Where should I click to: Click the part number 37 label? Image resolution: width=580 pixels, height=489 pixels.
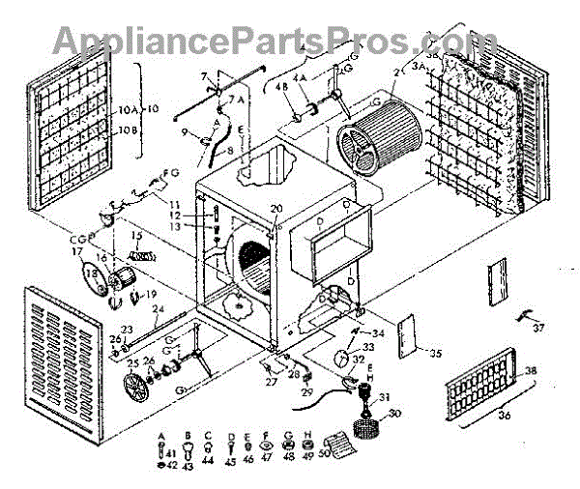(538, 328)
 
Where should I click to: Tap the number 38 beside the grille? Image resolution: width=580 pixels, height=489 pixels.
(531, 370)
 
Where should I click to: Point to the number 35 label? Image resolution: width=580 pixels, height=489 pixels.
(435, 354)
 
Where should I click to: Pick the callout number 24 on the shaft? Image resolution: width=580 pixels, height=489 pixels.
(160, 309)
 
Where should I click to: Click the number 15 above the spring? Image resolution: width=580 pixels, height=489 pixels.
(136, 236)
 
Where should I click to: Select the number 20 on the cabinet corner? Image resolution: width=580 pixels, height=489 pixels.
(276, 210)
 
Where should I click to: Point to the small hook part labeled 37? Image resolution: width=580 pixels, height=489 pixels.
(527, 315)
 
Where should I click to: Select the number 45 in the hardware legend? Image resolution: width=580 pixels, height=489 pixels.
(231, 462)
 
